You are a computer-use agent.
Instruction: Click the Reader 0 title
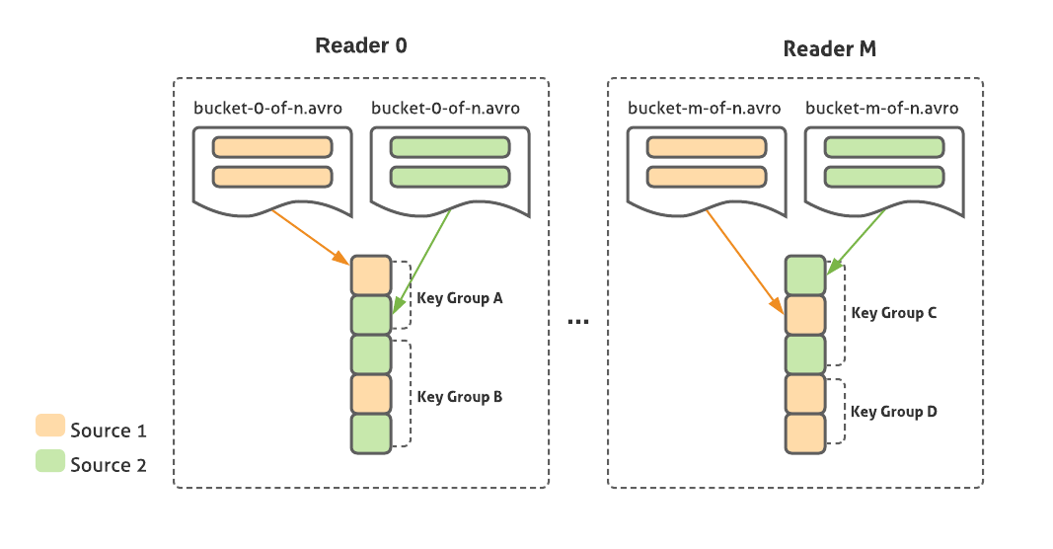click(x=360, y=45)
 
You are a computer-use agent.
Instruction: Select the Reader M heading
click(x=829, y=48)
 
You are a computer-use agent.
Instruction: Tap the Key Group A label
click(x=460, y=297)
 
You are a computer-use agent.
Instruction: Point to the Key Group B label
click(x=460, y=397)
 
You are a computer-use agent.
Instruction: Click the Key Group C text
click(x=894, y=313)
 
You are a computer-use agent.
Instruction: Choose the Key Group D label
click(x=894, y=412)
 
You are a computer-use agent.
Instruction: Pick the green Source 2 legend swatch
click(x=50, y=461)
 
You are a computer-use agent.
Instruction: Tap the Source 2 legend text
click(x=109, y=465)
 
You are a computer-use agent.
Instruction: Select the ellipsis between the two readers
click(x=579, y=322)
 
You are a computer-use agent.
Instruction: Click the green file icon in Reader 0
click(x=450, y=169)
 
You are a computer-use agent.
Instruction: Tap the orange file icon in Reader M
click(x=707, y=169)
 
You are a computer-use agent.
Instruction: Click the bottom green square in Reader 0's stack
click(x=371, y=433)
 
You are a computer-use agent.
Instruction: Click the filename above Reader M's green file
click(x=881, y=109)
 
